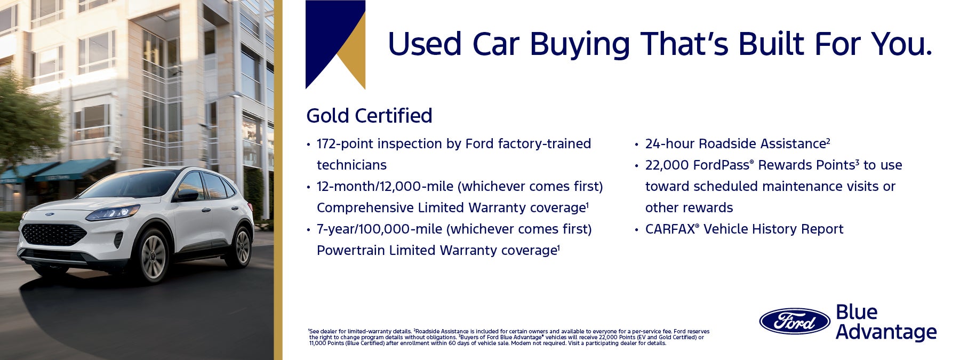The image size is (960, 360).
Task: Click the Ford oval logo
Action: (795, 322)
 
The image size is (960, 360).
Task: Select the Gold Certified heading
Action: (369, 116)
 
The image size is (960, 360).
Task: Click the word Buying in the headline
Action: (580, 45)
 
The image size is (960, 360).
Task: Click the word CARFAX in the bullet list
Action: (670, 229)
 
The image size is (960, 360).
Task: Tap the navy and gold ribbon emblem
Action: (335, 44)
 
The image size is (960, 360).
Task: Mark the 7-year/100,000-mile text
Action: (379, 229)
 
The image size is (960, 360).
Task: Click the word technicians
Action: (351, 165)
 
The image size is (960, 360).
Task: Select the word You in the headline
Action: (901, 45)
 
